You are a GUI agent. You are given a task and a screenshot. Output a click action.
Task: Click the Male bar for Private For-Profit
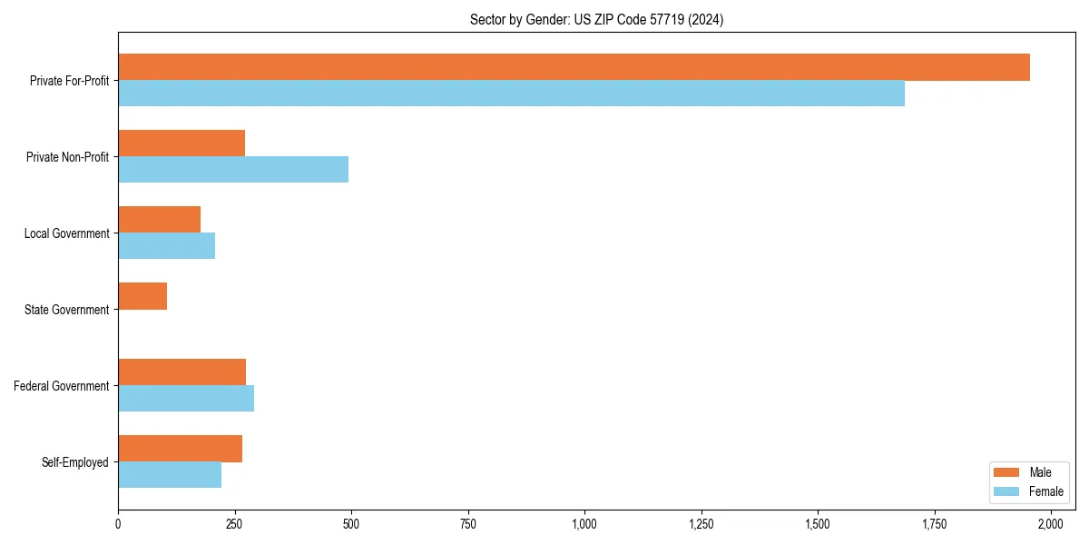[x=574, y=67]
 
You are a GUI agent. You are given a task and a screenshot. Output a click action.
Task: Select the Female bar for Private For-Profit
[x=511, y=94]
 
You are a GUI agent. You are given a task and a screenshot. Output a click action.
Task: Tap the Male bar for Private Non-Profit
[x=181, y=144]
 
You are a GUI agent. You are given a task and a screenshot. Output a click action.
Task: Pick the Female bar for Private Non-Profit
[x=233, y=170]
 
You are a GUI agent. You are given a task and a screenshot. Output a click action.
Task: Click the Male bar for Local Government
[x=159, y=220]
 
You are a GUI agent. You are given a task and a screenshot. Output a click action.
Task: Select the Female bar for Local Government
[x=166, y=246]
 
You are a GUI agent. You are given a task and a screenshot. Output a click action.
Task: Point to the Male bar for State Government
[x=142, y=296]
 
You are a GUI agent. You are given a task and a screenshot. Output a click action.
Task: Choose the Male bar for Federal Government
[x=181, y=372]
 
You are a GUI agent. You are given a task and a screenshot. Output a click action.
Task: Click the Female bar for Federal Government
[x=186, y=399]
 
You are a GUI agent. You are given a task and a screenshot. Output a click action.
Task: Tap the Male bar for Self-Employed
[x=180, y=449]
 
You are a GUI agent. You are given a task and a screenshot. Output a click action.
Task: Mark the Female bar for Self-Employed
[x=170, y=475]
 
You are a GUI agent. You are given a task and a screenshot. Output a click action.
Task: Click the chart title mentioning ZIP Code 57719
[x=596, y=19]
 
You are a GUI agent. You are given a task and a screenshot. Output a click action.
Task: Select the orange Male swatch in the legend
[x=1006, y=472]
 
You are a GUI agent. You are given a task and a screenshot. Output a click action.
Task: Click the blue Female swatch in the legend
[x=1006, y=491]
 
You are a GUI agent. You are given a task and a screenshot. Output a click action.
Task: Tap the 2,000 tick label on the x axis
[x=1051, y=524]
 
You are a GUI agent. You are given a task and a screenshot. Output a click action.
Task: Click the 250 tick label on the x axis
[x=234, y=524]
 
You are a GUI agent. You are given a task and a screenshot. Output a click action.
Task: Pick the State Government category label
[x=66, y=310]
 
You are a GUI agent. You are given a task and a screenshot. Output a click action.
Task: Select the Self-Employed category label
[x=74, y=462]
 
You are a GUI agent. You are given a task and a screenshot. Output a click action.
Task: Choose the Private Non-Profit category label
[x=67, y=157]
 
